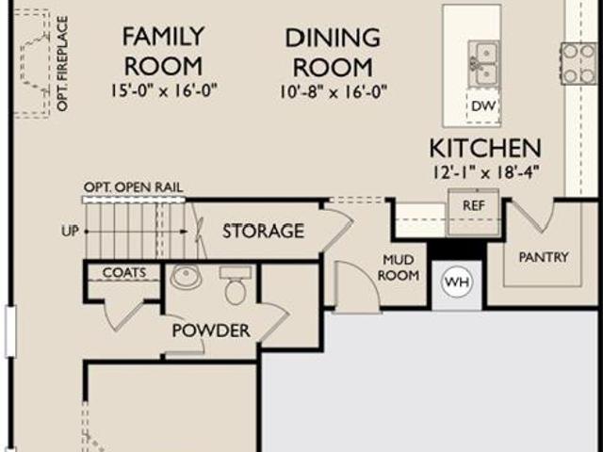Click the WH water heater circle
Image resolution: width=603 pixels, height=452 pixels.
[x=457, y=282]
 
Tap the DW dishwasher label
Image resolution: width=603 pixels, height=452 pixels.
[x=483, y=105]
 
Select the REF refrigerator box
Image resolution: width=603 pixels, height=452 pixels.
[x=473, y=212]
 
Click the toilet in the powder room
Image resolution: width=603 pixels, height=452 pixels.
[x=236, y=285]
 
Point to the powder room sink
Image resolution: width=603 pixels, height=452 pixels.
[x=187, y=276]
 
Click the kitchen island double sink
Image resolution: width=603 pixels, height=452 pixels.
[x=483, y=63]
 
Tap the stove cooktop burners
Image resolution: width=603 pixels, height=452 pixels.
[x=579, y=63]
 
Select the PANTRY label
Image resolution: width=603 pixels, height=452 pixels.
[x=544, y=257]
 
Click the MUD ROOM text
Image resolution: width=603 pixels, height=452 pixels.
[x=399, y=267]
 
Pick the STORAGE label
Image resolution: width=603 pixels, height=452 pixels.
[x=264, y=231]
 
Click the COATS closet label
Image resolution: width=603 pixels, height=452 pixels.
[x=124, y=272]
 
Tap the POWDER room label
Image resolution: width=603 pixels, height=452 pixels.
[x=211, y=331]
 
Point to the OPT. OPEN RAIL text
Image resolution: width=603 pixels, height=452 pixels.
[x=134, y=187]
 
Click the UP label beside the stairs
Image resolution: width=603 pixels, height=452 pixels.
[x=70, y=231]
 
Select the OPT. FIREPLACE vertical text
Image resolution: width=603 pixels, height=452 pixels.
[x=62, y=63]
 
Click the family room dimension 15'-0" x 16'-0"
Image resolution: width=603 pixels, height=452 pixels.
[x=164, y=90]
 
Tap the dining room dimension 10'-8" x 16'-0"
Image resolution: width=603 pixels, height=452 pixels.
[x=333, y=92]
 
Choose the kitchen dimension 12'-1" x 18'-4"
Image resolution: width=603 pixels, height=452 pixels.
[x=485, y=171]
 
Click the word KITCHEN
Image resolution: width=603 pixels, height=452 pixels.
[x=485, y=148]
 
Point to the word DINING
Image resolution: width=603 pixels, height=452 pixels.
[x=333, y=38]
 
